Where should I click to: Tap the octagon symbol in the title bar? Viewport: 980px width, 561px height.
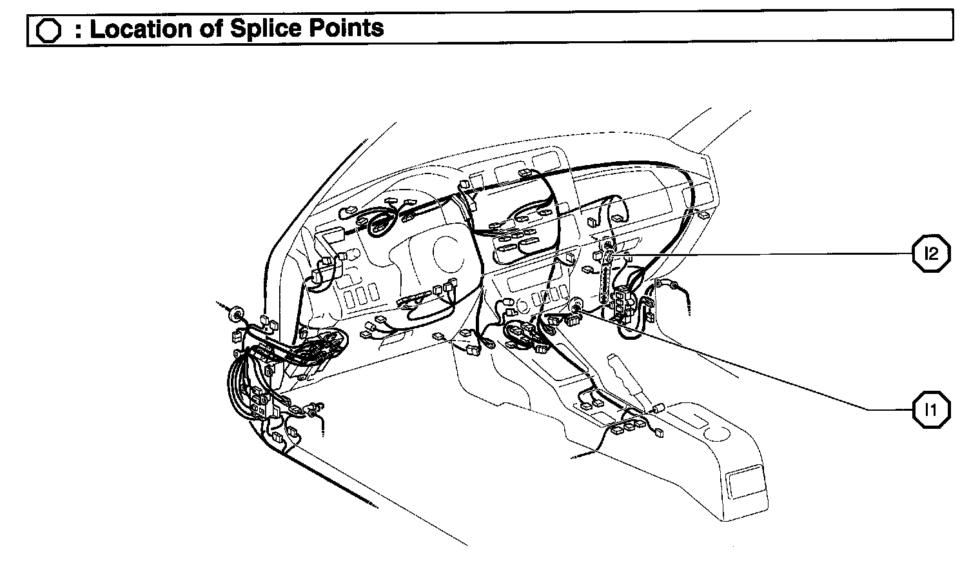click(x=49, y=30)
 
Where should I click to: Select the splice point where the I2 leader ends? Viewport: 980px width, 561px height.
click(x=608, y=253)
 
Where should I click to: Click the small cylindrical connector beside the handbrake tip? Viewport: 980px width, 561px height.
click(x=659, y=408)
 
